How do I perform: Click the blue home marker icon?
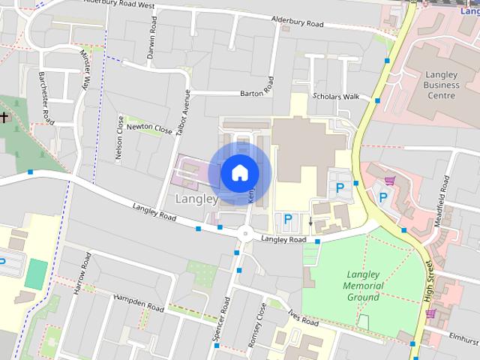(x=239, y=172)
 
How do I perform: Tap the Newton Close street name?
(x=149, y=127)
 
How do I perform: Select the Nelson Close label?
(x=120, y=137)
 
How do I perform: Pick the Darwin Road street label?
(x=153, y=52)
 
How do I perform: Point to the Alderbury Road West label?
(x=119, y=4)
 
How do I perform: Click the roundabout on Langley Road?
(x=245, y=233)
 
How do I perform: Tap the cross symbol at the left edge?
(x=4, y=117)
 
